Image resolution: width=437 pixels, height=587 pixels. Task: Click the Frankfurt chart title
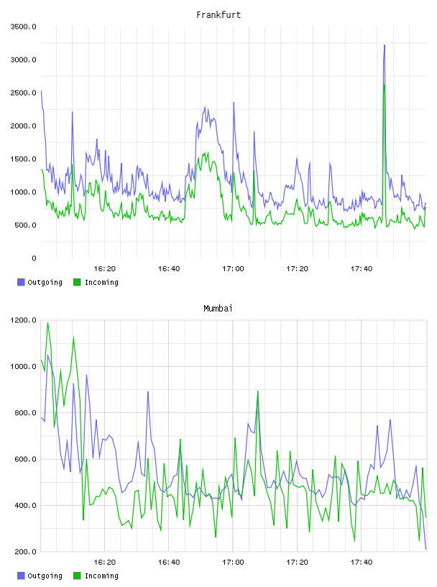tap(218, 15)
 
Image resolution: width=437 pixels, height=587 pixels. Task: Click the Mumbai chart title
tap(218, 309)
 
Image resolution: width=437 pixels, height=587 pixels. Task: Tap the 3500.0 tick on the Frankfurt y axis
tap(23, 27)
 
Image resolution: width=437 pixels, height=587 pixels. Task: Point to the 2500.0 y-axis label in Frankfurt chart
tap(23, 93)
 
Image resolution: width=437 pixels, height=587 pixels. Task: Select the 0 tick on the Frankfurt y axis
tap(34, 258)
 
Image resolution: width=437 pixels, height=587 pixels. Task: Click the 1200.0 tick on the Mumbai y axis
tap(23, 320)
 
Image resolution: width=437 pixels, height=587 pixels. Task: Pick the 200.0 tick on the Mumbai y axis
tap(25, 552)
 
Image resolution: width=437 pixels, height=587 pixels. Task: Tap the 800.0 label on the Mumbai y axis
tap(25, 412)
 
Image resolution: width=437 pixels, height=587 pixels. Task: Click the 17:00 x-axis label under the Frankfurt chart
tap(233, 269)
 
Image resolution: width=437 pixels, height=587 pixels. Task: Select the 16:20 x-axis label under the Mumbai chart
tap(104, 563)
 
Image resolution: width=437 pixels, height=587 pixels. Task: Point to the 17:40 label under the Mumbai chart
tap(361, 563)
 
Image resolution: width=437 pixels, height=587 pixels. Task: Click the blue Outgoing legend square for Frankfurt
tap(21, 282)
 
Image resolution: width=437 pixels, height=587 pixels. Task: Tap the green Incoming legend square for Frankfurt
tap(77, 282)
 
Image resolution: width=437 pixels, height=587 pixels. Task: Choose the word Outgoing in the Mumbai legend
tap(45, 575)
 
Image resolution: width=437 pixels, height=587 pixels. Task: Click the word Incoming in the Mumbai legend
tap(101, 575)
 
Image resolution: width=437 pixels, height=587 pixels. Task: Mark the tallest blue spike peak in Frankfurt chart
tap(385, 45)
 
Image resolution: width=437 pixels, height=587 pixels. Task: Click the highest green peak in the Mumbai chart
tap(47, 323)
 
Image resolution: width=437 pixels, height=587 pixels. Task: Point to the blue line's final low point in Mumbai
tap(425, 549)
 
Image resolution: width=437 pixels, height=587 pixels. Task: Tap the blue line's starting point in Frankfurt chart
tap(41, 91)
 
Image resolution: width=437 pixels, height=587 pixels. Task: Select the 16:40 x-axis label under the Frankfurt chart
tap(169, 269)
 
